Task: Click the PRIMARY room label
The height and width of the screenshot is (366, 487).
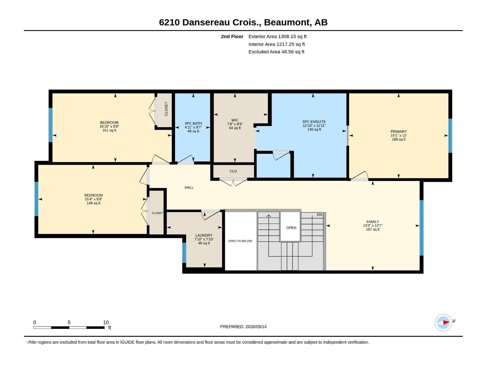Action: (x=398, y=131)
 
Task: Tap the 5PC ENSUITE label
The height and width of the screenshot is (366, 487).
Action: (x=314, y=122)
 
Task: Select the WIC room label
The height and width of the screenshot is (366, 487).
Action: (x=235, y=120)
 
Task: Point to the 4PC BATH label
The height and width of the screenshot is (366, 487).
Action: (x=193, y=123)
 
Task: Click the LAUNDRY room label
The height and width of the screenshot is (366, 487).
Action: (x=204, y=235)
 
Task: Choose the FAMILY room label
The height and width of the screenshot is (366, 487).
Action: (x=373, y=222)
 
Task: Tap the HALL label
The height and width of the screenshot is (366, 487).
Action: (x=189, y=188)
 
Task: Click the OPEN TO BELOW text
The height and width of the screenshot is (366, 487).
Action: (x=240, y=241)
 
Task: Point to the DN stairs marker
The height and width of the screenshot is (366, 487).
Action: (x=319, y=215)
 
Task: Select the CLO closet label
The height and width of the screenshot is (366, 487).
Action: (x=233, y=171)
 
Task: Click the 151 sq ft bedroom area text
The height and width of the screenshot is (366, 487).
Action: (x=109, y=131)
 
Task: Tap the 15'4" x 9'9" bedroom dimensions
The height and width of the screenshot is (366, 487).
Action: (x=93, y=199)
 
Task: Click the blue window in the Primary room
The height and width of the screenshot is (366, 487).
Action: (x=450, y=136)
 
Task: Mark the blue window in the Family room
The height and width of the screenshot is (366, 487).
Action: (x=422, y=228)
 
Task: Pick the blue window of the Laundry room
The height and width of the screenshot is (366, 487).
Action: (x=184, y=253)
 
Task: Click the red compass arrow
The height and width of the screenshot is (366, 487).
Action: (x=446, y=322)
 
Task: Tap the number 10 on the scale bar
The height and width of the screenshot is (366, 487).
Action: (x=106, y=322)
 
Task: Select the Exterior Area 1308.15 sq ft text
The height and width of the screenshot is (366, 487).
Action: (x=277, y=36)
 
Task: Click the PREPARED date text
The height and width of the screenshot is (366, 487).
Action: (x=243, y=327)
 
